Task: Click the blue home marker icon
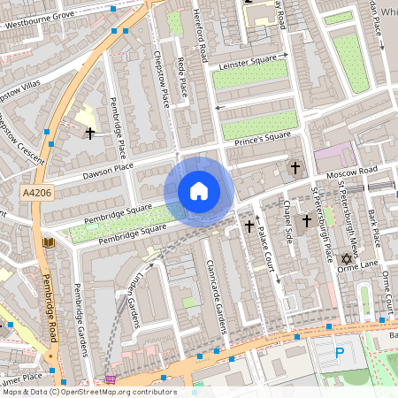coord(199,191)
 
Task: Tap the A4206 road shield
coord(36,191)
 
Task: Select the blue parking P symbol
coord(341,354)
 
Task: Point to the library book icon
coord(47,241)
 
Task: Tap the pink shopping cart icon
coord(111,380)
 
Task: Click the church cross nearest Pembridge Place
coord(89,133)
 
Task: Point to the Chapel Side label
coord(287,212)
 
